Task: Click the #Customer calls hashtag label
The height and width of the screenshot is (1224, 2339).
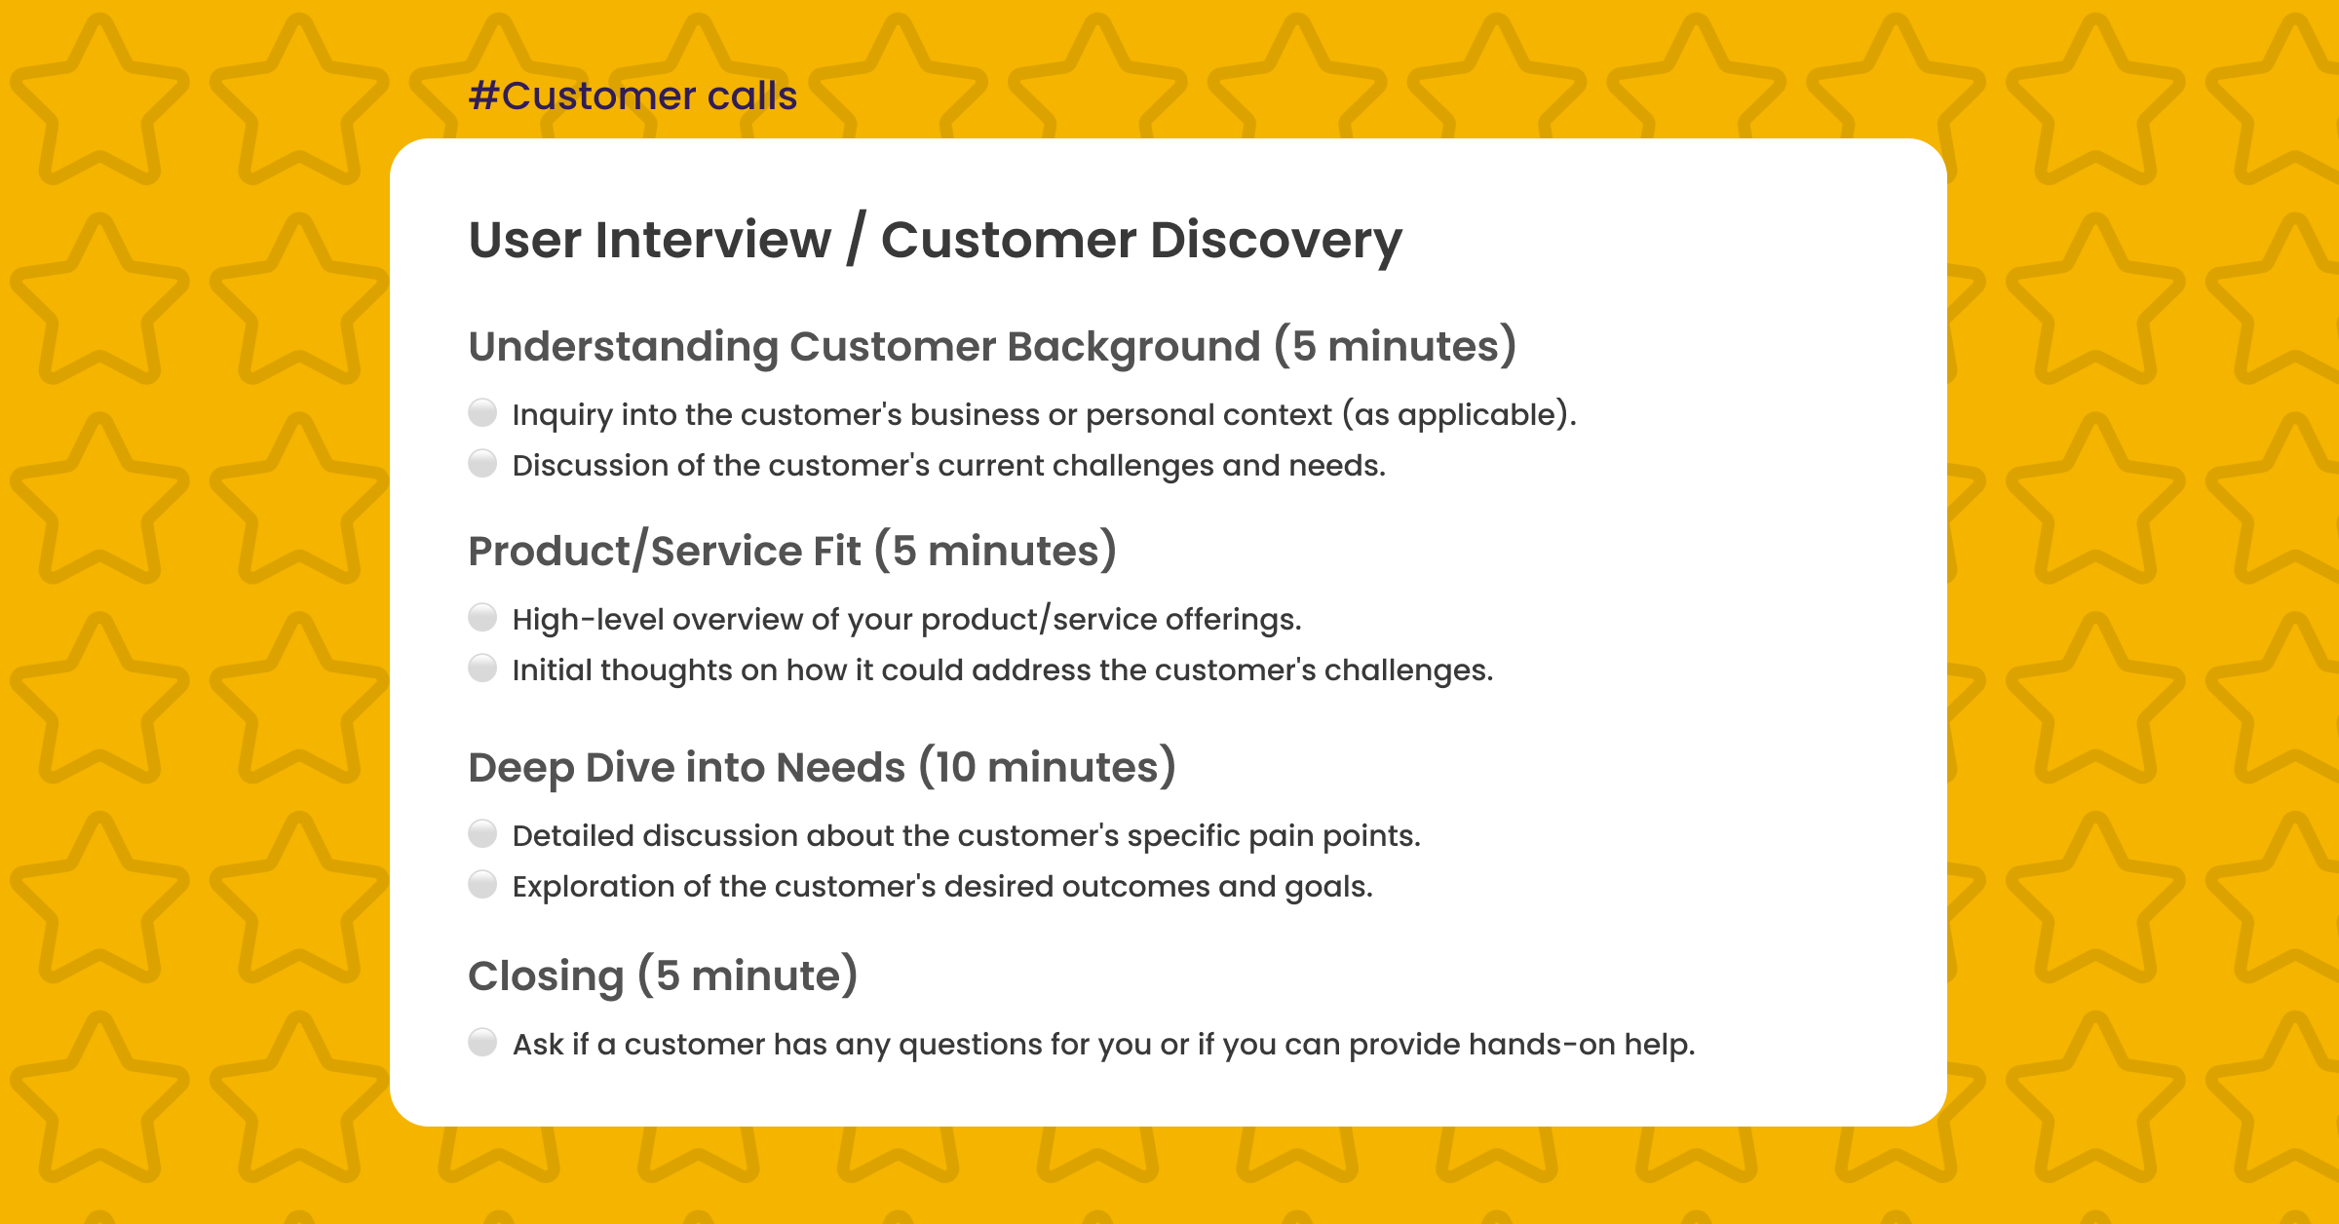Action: coord(633,96)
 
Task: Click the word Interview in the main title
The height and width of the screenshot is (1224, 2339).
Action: coord(712,240)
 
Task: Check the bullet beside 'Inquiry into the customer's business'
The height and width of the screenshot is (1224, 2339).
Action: coord(482,413)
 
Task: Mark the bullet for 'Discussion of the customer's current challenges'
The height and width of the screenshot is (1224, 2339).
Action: coord(482,464)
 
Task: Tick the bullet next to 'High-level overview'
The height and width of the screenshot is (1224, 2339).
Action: coord(482,618)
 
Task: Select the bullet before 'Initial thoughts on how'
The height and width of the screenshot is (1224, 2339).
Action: coord(482,669)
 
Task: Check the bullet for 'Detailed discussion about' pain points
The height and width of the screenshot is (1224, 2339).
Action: coord(482,834)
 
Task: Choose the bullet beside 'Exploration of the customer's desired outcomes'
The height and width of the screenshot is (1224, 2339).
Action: coord(482,885)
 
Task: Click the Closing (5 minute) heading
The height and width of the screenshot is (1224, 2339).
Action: coord(663,976)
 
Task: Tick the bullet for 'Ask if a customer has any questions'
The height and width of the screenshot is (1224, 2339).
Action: coord(482,1043)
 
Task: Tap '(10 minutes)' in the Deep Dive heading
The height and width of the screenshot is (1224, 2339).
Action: coord(1048,768)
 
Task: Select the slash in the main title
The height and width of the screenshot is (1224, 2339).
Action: coord(855,240)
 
